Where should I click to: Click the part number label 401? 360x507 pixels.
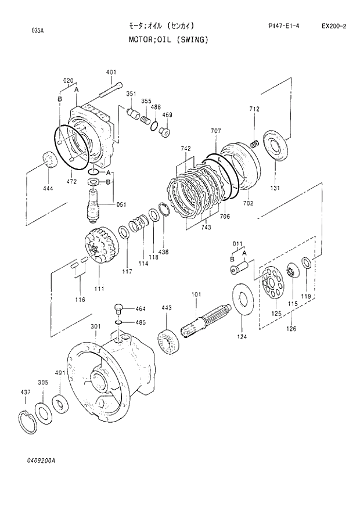[x=111, y=73]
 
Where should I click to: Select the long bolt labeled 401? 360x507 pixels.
[x=110, y=89]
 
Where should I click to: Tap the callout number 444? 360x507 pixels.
[x=48, y=189]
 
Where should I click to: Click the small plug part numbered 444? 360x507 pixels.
[x=49, y=159]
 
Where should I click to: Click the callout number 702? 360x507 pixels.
[x=248, y=203]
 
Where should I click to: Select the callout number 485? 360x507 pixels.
[x=141, y=322]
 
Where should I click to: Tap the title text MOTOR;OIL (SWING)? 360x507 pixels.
[x=168, y=40]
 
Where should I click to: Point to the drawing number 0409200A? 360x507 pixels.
[x=41, y=460]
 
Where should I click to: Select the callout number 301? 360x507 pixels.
[x=96, y=326]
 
